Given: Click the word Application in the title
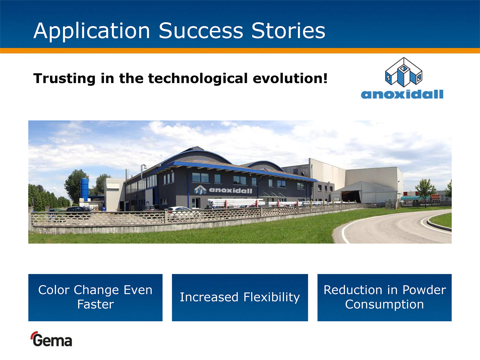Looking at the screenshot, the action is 92,31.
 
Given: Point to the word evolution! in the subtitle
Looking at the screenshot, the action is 290,78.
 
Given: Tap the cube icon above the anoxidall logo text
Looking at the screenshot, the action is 404,72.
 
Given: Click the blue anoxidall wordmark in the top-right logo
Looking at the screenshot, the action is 402,94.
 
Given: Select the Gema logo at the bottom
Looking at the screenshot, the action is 51,339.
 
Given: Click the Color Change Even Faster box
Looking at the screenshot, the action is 95,298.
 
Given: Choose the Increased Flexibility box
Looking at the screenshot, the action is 240,298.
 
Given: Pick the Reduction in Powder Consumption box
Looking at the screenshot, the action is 384,298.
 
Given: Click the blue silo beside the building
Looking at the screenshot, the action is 84,189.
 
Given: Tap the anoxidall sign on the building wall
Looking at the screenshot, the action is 223,190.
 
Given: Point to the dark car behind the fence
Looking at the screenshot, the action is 78,209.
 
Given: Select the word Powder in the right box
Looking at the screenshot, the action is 424,290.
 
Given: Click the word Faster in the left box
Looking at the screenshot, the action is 96,304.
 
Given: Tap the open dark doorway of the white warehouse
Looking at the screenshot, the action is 351,196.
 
